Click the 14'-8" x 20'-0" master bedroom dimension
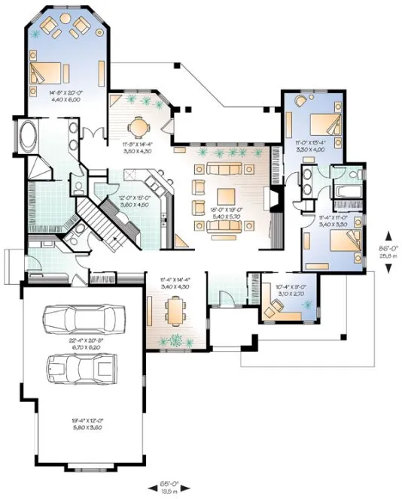(62, 97)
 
